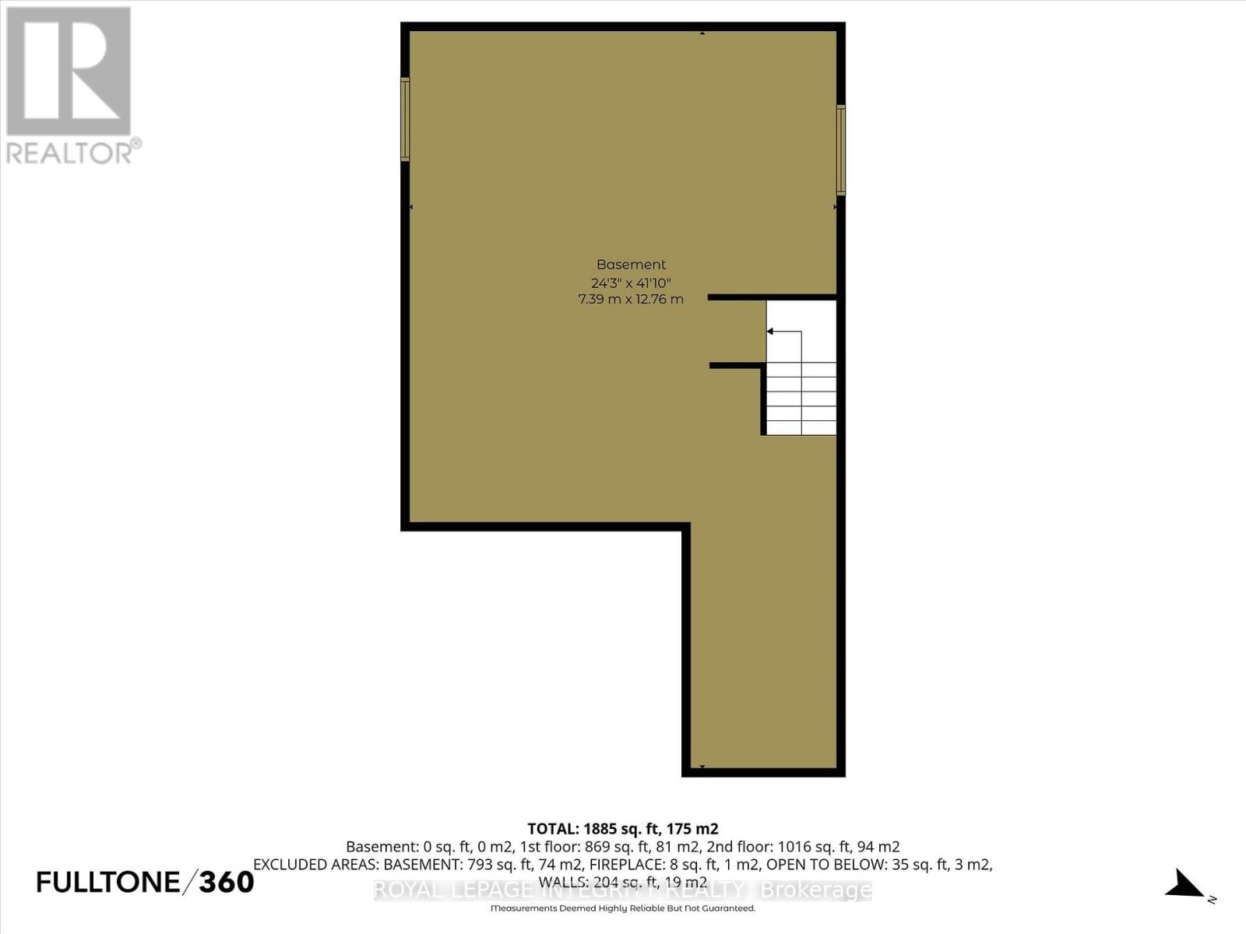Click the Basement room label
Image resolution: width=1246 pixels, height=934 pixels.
631,265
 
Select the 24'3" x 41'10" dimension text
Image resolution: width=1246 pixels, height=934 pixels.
631,283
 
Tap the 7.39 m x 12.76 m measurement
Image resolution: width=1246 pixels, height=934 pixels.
631,300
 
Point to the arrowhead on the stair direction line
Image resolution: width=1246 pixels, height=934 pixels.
770,332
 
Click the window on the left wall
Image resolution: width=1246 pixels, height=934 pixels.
405,119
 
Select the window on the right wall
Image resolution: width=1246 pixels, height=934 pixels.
841,149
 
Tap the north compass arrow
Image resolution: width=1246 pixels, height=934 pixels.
1186,886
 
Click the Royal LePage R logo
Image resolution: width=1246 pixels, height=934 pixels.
69,72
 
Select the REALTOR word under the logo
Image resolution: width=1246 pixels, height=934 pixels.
70,153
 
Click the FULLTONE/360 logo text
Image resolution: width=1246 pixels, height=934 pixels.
146,882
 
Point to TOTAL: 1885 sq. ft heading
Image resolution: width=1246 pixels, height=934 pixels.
623,829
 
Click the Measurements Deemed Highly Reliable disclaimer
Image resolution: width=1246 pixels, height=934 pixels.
623,908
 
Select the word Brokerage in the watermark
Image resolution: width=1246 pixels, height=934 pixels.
815,890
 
